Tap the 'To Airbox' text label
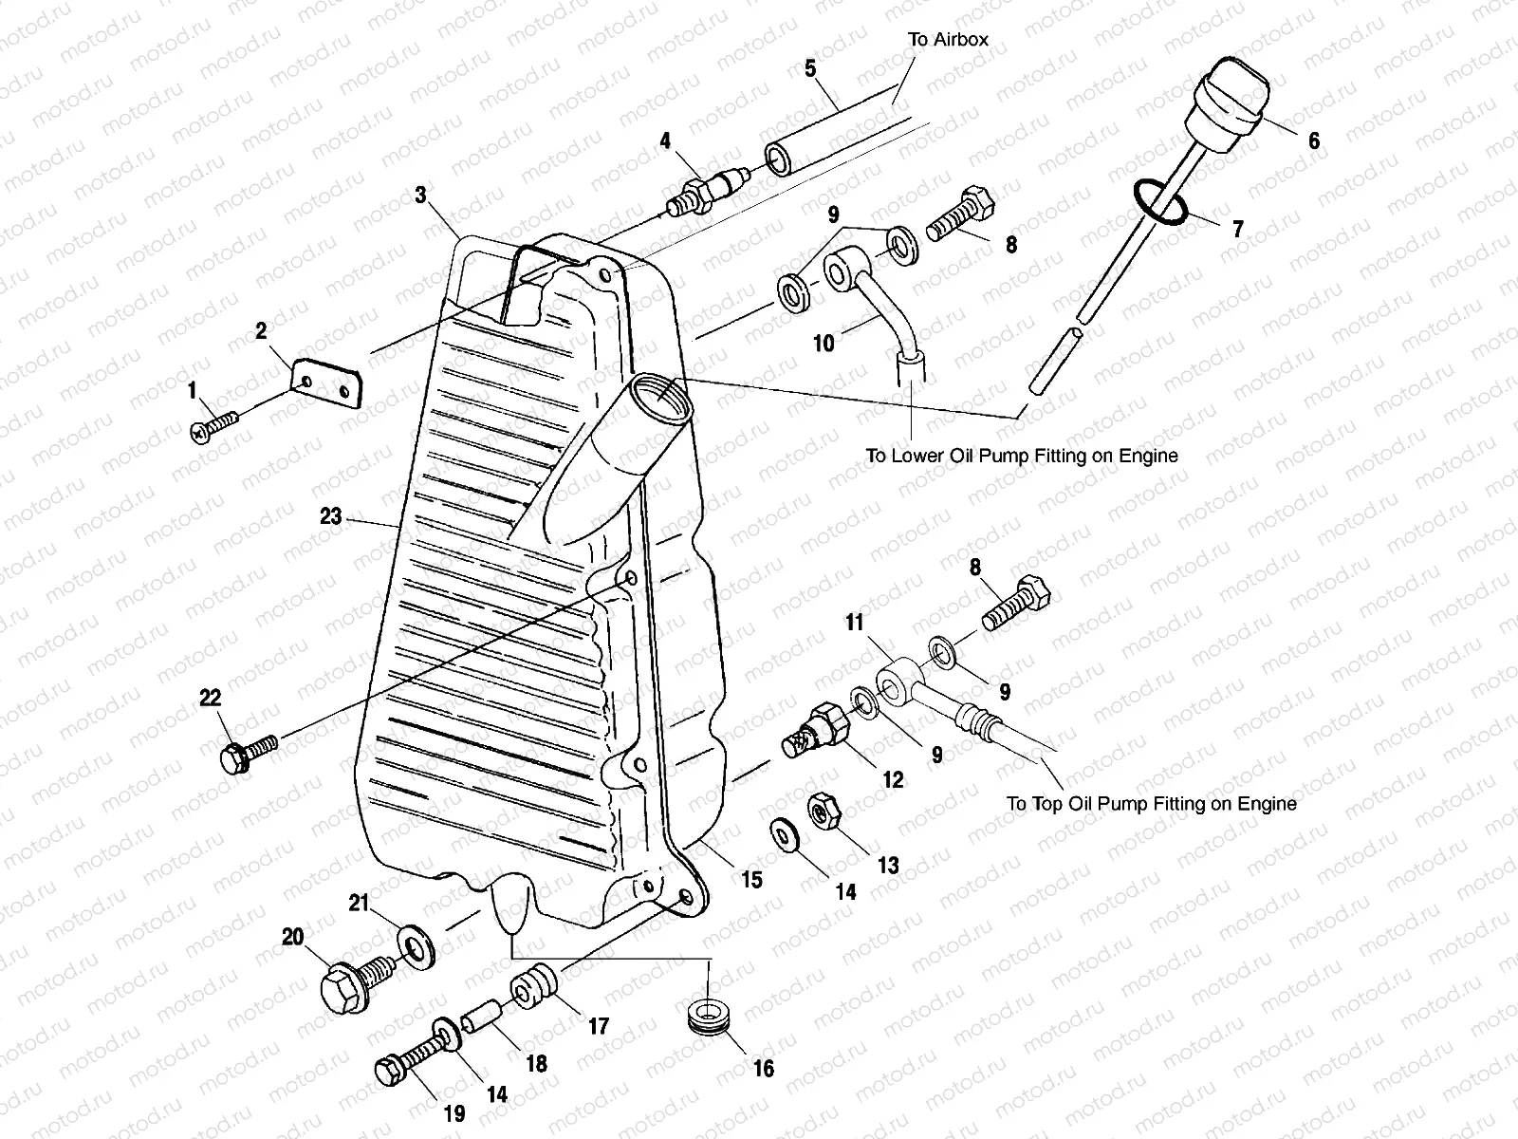[948, 39]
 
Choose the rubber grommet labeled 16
[706, 1015]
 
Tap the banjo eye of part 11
[895, 681]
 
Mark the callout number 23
[330, 517]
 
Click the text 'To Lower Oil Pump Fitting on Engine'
[1021, 456]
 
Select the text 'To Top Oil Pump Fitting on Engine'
[1151, 804]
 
